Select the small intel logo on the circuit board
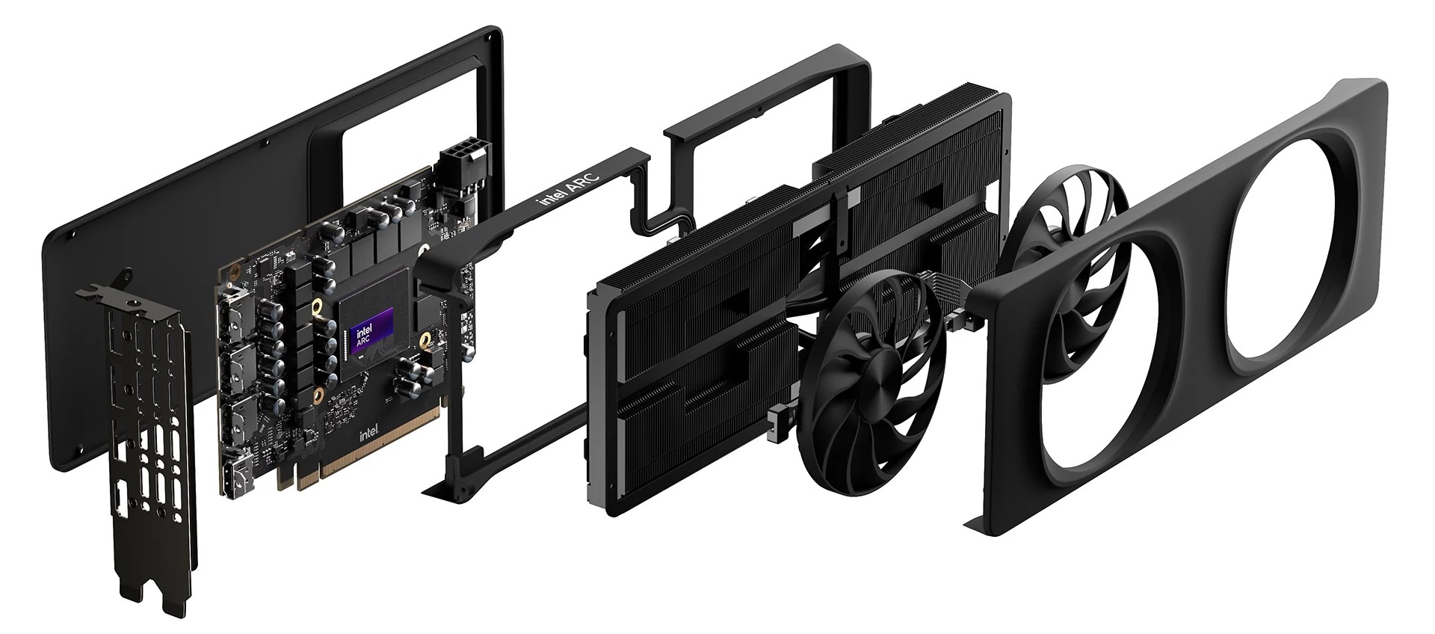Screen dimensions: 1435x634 click(369, 434)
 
